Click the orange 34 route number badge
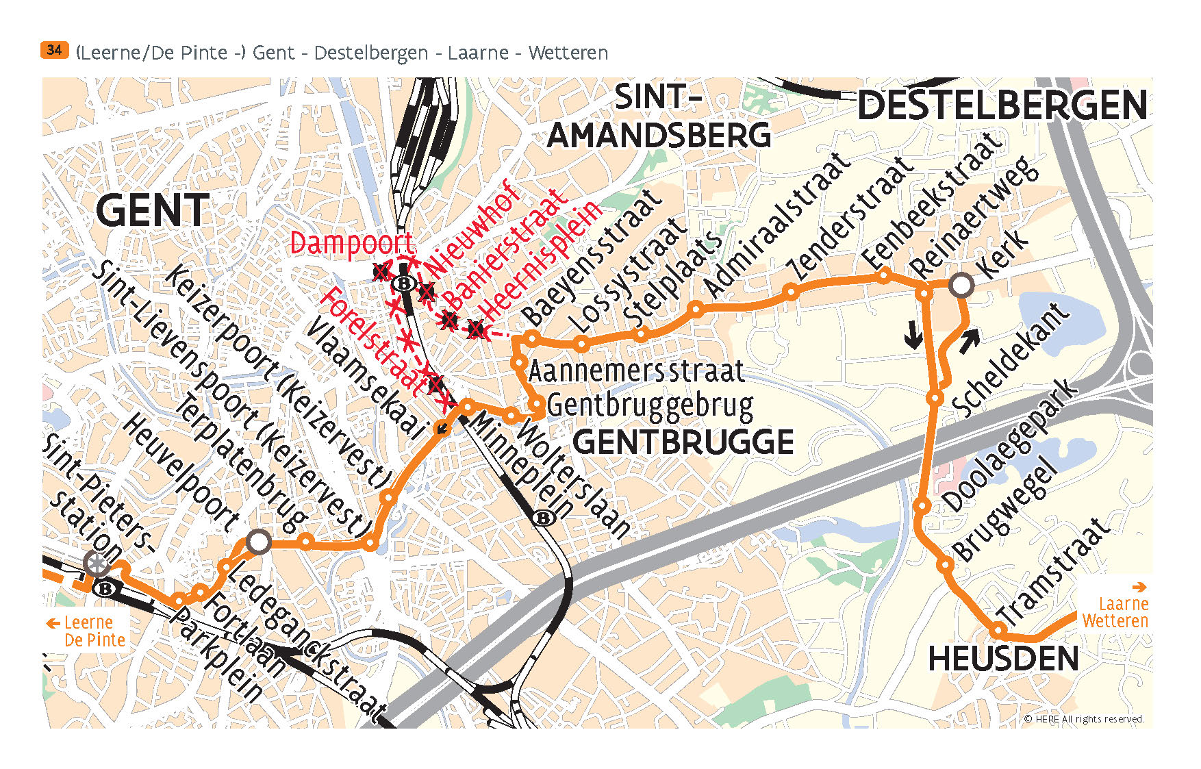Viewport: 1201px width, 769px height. (x=54, y=50)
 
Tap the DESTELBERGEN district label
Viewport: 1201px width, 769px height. (x=1002, y=106)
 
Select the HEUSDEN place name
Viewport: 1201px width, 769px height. (x=1003, y=659)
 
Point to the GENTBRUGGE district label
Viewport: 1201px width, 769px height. (x=683, y=442)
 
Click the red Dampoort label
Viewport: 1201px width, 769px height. (x=351, y=244)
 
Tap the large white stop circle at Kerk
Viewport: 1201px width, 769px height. (x=961, y=285)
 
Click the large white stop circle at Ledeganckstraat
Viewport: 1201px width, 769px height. (x=258, y=542)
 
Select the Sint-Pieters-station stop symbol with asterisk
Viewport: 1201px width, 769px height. (x=97, y=564)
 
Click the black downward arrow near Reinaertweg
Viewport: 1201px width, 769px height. (x=913, y=335)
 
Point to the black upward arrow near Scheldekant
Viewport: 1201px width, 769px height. (x=969, y=340)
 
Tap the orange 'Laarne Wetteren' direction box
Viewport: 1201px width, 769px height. (x=1115, y=606)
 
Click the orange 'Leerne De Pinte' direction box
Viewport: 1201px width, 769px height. (x=87, y=631)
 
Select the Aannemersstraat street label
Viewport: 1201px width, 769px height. (x=635, y=372)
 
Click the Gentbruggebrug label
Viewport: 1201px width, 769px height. (x=650, y=405)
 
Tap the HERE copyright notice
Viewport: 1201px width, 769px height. (x=1083, y=719)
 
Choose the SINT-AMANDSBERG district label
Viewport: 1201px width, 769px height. (x=659, y=116)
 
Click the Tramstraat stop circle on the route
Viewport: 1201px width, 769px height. (x=999, y=629)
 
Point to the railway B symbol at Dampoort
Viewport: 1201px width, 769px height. (x=405, y=283)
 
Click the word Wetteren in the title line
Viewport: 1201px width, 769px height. (x=568, y=53)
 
